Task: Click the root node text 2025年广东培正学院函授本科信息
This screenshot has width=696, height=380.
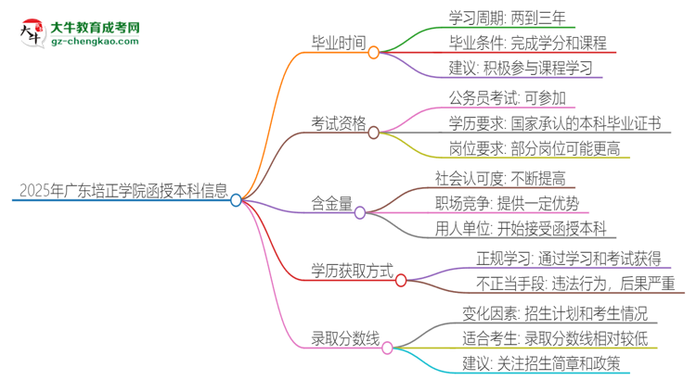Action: pyautogui.click(x=122, y=192)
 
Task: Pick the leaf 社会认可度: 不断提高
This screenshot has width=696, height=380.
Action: pyautogui.click(x=513, y=176)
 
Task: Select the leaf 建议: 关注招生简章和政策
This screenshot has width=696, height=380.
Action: pyautogui.click(x=540, y=362)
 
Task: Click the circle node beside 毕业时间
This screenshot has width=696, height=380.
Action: pyautogui.click(x=374, y=53)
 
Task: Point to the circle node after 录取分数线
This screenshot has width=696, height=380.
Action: pyautogui.click(x=387, y=349)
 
